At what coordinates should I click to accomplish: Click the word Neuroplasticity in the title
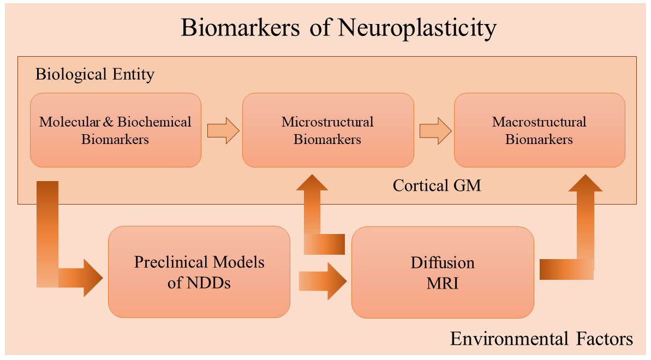(417, 28)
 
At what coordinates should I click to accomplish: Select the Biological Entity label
(95, 74)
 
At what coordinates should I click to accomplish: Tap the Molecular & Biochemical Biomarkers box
(115, 130)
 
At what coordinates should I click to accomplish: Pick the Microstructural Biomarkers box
(327, 130)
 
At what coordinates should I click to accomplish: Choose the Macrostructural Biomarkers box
(539, 130)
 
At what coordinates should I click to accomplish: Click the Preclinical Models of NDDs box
(199, 272)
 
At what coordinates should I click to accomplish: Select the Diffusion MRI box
(443, 272)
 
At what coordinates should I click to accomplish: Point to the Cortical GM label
(437, 185)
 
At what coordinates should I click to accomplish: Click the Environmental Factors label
(541, 339)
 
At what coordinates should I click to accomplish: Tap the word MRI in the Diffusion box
(443, 283)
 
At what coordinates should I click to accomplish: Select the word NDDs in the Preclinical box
(207, 283)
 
